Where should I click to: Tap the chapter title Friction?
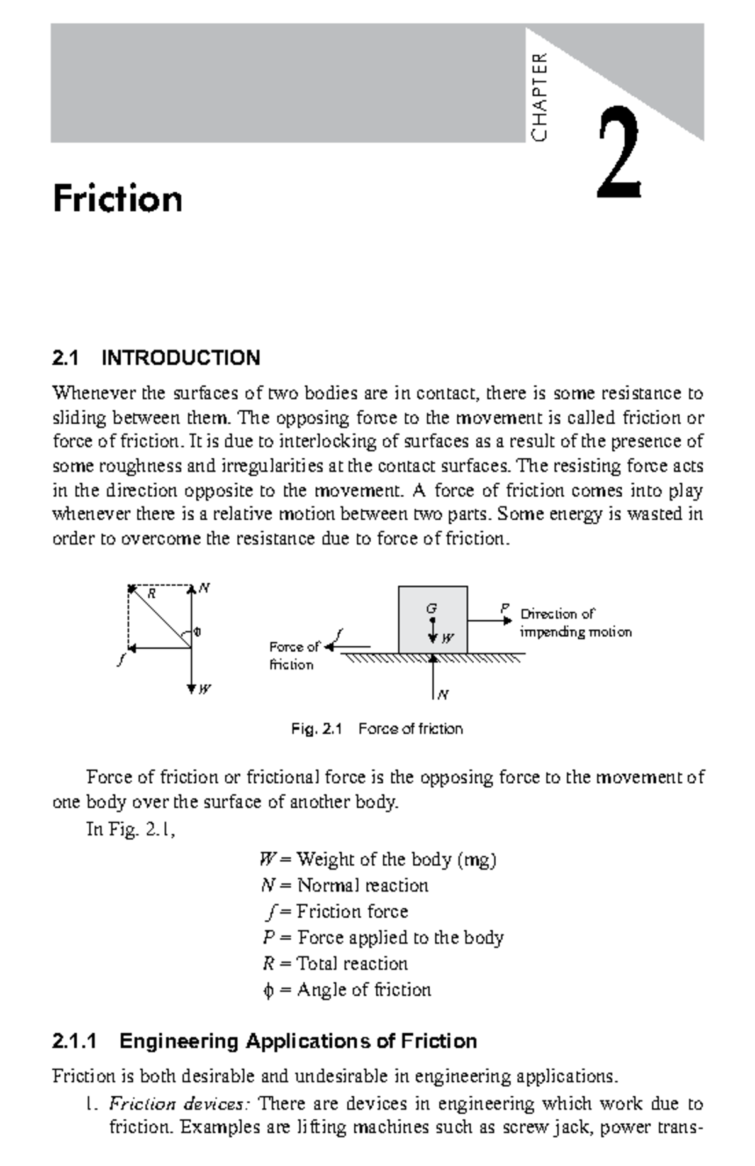click(118, 200)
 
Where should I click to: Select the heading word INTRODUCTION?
click(181, 358)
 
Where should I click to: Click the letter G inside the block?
click(431, 608)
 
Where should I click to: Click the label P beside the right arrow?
click(504, 608)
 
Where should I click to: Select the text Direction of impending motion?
click(575, 623)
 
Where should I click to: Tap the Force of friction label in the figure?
click(293, 656)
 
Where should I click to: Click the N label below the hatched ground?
click(443, 695)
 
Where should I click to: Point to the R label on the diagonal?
click(152, 593)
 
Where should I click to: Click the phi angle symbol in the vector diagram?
click(198, 632)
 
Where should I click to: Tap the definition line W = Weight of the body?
click(377, 859)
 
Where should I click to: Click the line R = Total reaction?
click(335, 964)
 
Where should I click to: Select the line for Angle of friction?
click(347, 990)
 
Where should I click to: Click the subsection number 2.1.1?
click(75, 1042)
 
